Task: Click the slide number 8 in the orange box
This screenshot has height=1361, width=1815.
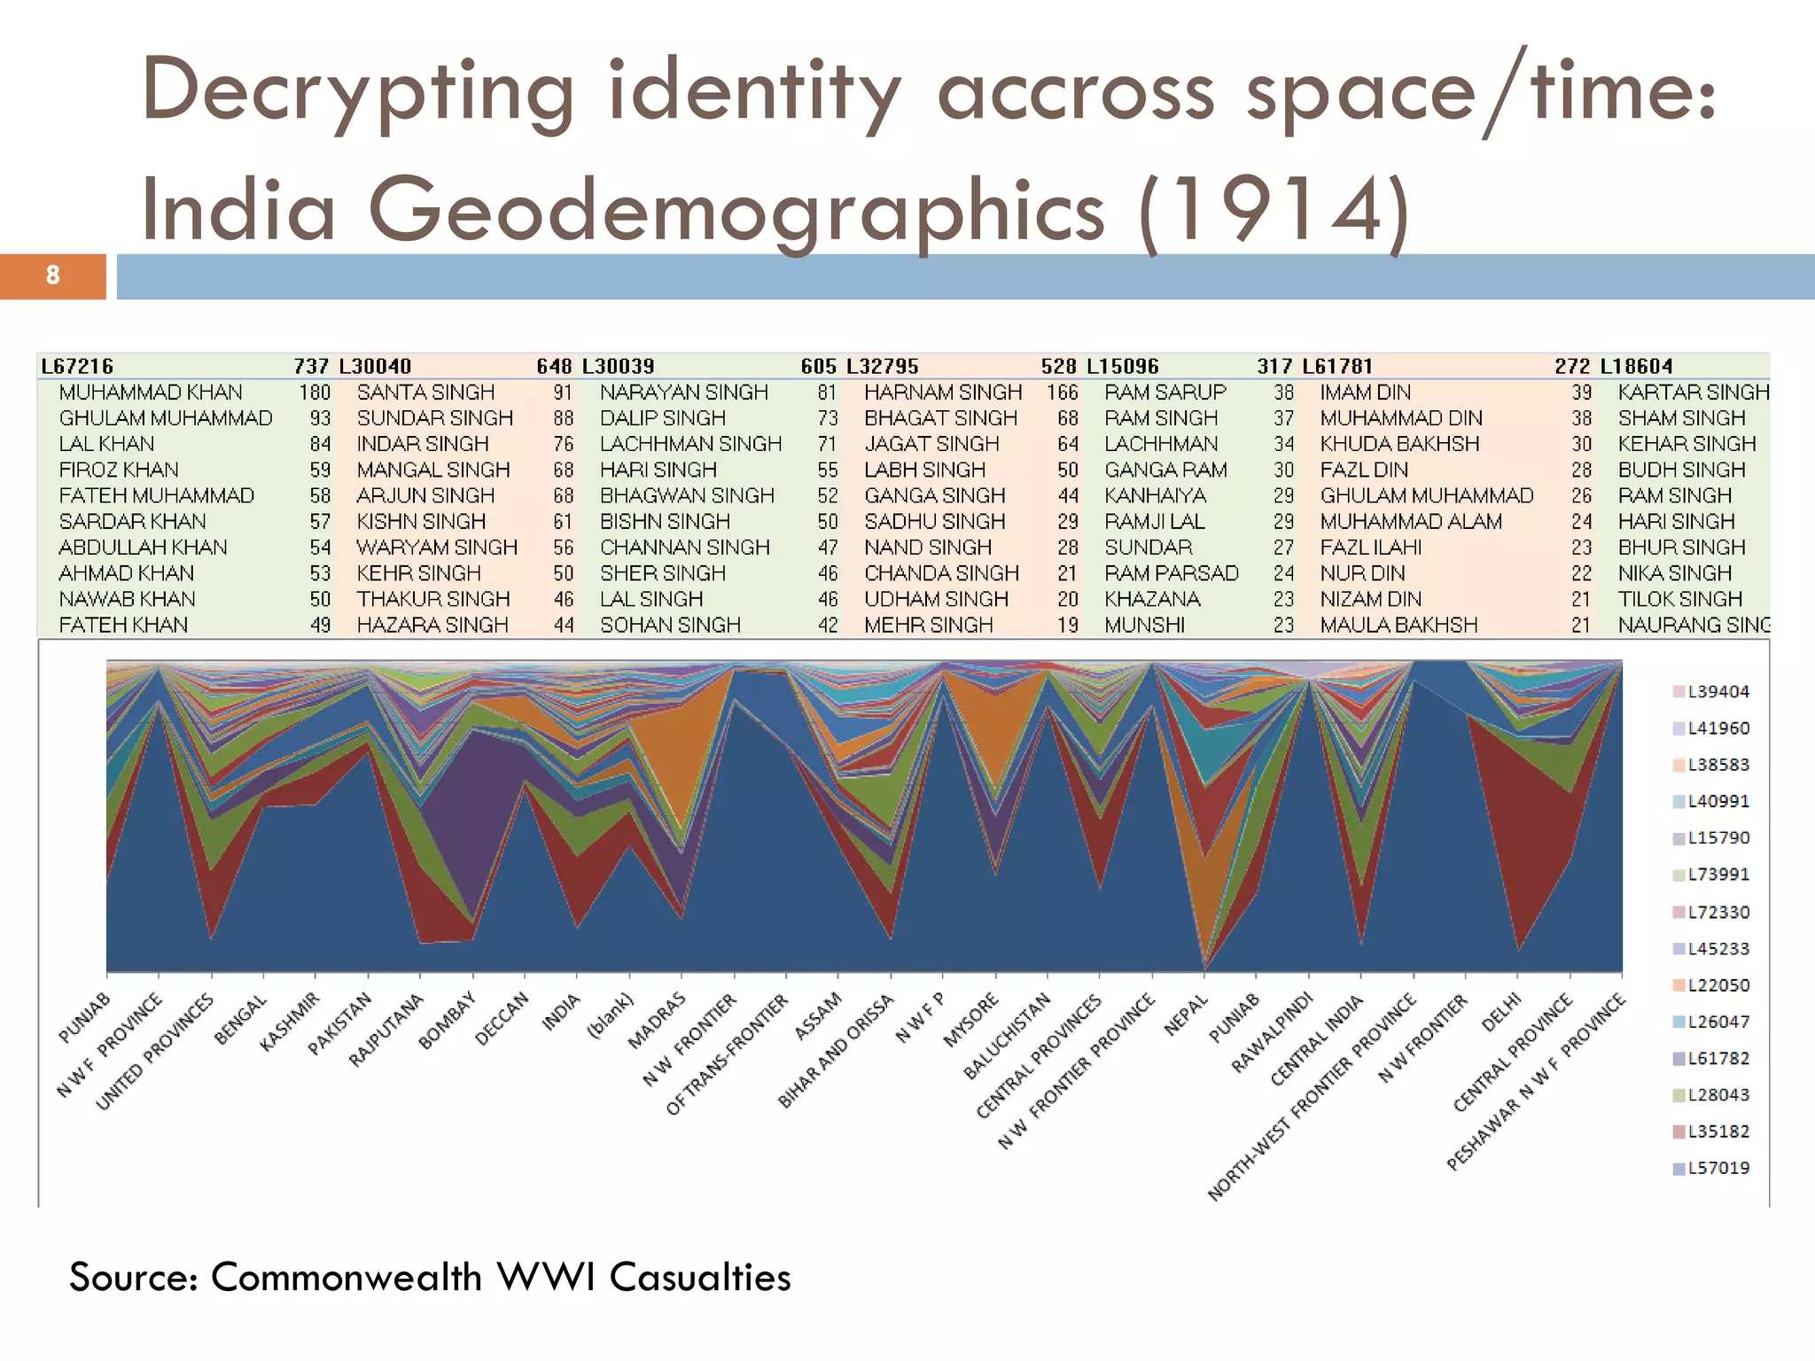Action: coord(53,276)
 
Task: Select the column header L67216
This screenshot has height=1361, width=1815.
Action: coord(77,366)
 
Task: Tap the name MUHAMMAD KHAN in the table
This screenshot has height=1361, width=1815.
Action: coord(151,393)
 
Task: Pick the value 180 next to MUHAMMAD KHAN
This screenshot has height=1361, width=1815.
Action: coord(315,393)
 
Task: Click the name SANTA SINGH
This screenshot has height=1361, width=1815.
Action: coord(425,393)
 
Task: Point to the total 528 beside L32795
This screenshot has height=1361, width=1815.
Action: coord(1058,366)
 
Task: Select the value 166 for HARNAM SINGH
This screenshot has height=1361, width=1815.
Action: coord(1062,393)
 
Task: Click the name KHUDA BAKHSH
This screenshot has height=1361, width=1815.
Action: coord(1399,444)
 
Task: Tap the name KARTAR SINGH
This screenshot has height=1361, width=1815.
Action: coord(1693,393)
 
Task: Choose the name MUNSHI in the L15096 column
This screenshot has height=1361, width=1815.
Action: coord(1144,626)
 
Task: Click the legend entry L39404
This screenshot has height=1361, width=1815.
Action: coord(1718,692)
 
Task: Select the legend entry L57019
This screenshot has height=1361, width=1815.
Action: coord(1718,1168)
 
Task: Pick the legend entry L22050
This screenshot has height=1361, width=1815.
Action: coord(1718,985)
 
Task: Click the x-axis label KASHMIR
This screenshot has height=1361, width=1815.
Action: coord(290,1022)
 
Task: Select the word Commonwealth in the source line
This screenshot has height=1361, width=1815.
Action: coord(346,1277)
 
